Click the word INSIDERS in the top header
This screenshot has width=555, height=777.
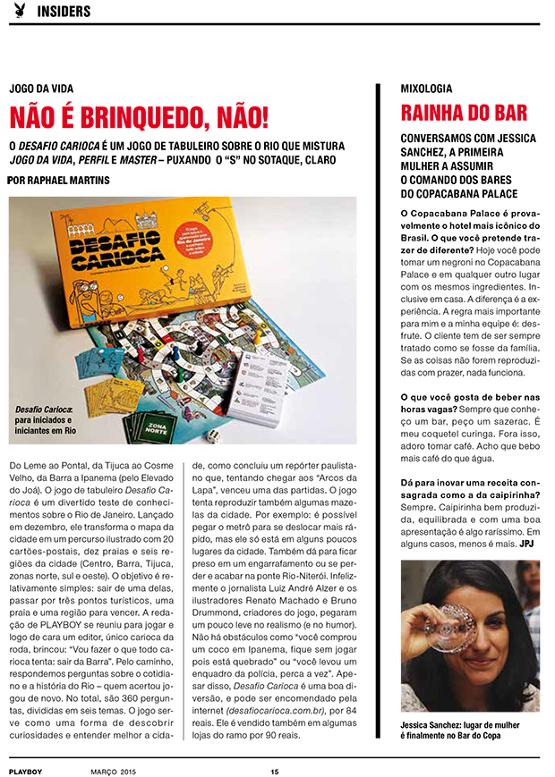64,12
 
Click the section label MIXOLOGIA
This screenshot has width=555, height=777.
426,89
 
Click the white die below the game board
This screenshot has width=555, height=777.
215,435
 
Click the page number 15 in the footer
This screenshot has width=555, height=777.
276,770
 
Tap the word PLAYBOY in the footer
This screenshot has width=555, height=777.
26,770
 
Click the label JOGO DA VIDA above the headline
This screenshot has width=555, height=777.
41,89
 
